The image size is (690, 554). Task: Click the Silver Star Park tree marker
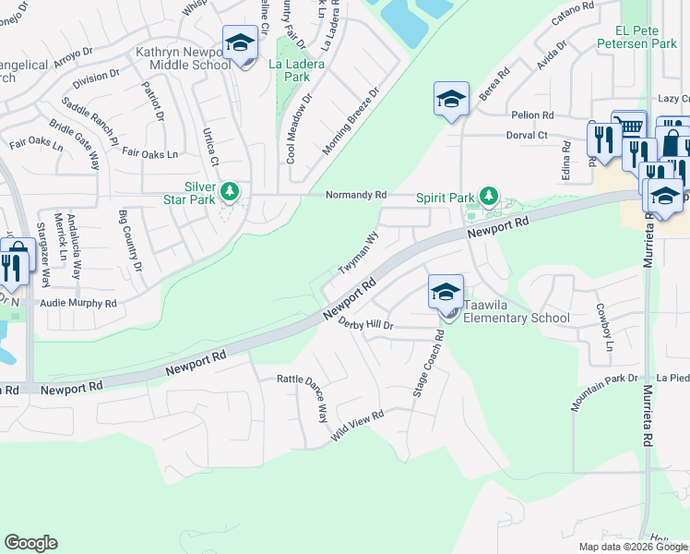coord(229,193)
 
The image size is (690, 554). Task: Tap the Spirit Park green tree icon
coord(489,197)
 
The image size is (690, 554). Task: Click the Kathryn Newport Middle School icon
coord(240,44)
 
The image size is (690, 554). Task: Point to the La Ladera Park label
coord(290,71)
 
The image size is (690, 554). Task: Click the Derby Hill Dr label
coord(366,324)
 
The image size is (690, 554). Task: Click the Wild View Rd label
coord(357,428)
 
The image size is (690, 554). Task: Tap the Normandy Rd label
coord(355,195)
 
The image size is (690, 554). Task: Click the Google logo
coord(31,543)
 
